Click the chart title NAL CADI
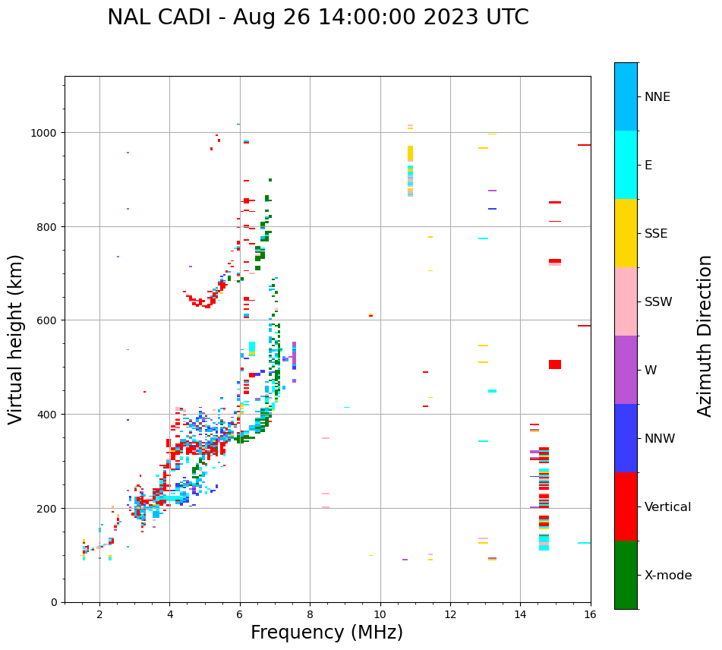(x=317, y=17)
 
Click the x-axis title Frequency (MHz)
(x=326, y=633)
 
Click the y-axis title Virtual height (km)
(x=17, y=339)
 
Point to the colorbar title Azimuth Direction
(x=705, y=336)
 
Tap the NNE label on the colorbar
(x=657, y=97)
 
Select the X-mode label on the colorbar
(x=668, y=576)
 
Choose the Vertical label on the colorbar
(x=667, y=507)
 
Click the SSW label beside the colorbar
(x=658, y=302)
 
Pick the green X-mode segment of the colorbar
(x=626, y=575)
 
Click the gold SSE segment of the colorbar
(x=626, y=233)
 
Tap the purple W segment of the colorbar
(x=626, y=370)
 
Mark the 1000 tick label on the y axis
(x=44, y=133)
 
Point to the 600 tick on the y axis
(x=47, y=320)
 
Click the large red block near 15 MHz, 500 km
(x=555, y=364)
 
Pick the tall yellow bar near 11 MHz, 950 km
(x=411, y=153)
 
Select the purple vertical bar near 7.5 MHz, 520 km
(x=294, y=355)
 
